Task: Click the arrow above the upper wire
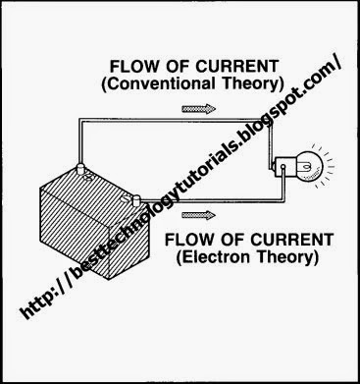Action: click(209, 110)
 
